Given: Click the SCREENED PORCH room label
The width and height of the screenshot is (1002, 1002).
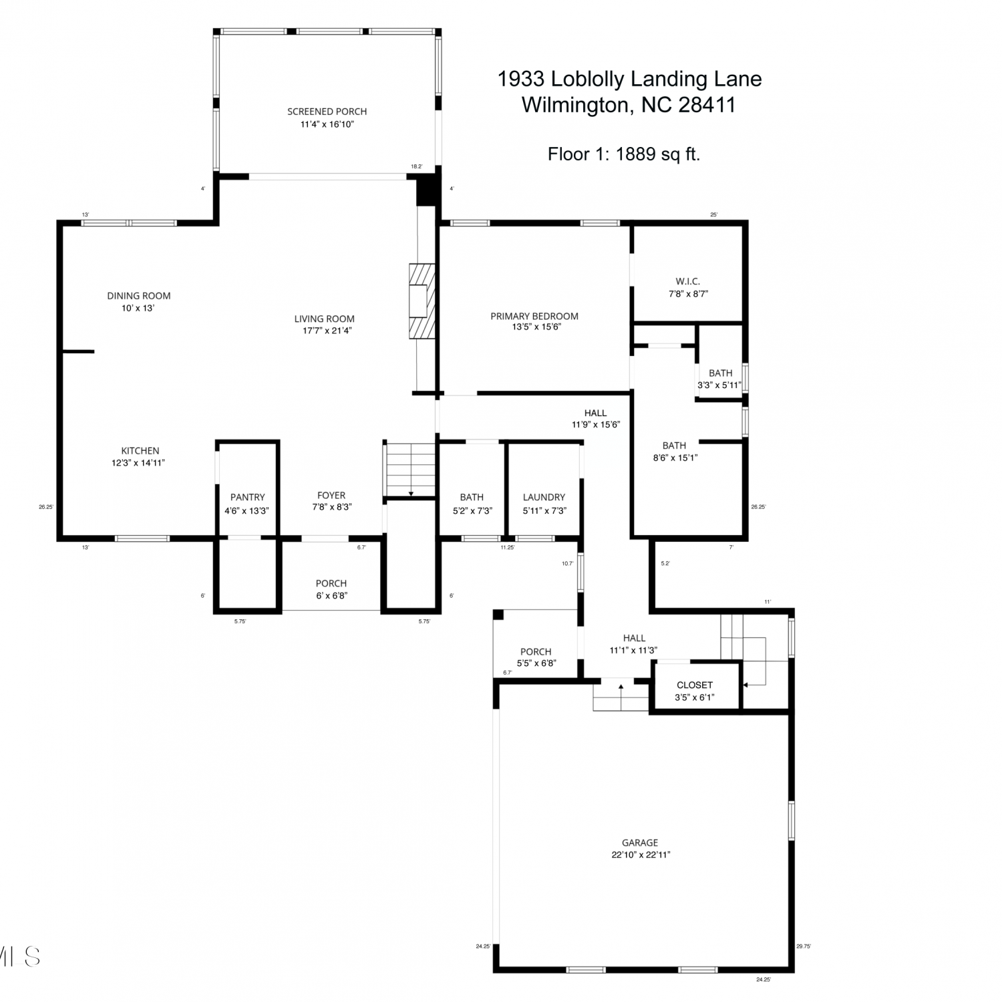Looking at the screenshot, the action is tap(327, 112).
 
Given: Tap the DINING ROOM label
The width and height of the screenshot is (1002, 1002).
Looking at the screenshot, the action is tap(139, 296).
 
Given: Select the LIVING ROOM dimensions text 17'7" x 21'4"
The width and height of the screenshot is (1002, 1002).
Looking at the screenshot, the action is tap(325, 331).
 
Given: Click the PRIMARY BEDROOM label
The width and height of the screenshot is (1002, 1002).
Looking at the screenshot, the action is tap(534, 316).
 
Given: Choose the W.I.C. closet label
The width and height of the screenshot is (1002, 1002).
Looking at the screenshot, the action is tap(688, 281).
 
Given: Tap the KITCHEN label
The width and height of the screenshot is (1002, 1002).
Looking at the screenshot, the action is tap(140, 451).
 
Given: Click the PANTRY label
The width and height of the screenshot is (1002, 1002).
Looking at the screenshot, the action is tap(248, 497).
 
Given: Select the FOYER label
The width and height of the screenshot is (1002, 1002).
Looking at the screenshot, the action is tap(331, 495).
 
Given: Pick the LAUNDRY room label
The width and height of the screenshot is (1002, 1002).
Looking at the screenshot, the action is tap(544, 497).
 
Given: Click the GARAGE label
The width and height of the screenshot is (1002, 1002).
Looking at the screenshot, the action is tap(640, 843).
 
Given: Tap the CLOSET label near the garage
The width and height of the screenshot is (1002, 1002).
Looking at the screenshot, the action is tap(695, 685).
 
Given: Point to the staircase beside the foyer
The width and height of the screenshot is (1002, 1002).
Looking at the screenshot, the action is tap(410, 470).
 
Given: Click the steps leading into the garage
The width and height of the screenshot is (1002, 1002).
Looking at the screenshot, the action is tap(621, 695).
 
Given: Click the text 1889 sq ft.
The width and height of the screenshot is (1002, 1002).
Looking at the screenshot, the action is tap(658, 154).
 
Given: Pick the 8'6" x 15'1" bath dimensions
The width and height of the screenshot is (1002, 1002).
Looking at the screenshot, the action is tap(675, 458).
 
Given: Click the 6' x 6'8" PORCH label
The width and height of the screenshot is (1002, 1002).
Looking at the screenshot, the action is tap(331, 589).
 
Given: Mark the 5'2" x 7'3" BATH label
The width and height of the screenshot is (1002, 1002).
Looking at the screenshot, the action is tap(472, 504).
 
